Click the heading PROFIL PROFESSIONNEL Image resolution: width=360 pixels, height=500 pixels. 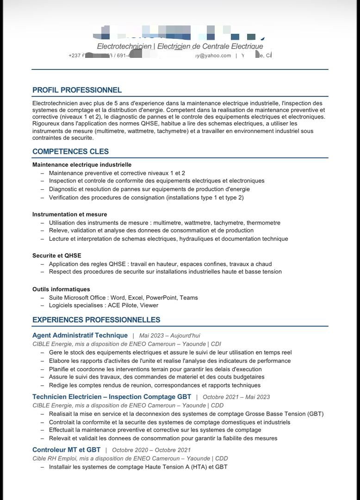click(77, 90)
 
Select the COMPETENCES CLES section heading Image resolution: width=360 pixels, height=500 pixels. click(70, 151)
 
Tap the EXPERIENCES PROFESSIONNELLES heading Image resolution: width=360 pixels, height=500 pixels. click(96, 320)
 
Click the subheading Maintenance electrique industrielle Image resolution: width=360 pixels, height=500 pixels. click(82, 165)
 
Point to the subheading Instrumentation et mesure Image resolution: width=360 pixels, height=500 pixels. click(69, 214)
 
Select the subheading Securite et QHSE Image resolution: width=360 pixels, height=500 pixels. click(56, 256)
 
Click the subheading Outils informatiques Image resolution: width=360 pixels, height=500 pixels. click(61, 289)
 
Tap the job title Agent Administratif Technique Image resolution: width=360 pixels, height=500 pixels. click(80, 335)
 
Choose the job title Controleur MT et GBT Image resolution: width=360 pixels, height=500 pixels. click(66, 450)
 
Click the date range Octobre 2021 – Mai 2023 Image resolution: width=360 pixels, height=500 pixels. click(236, 397)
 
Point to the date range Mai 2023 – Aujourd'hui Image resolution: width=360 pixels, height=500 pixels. click(169, 335)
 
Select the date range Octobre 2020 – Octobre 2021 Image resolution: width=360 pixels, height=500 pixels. click(151, 450)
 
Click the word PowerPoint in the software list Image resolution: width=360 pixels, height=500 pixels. click(161, 298)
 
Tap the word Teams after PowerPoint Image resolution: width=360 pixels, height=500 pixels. click(189, 298)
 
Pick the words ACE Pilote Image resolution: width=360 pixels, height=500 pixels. click(123, 306)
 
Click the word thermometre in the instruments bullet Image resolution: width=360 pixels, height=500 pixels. click(263, 223)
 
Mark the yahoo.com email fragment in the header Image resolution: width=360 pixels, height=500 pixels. click(212, 56)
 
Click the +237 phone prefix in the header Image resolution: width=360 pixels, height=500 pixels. click(74, 56)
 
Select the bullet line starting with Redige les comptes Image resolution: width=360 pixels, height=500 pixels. click(155, 385)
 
